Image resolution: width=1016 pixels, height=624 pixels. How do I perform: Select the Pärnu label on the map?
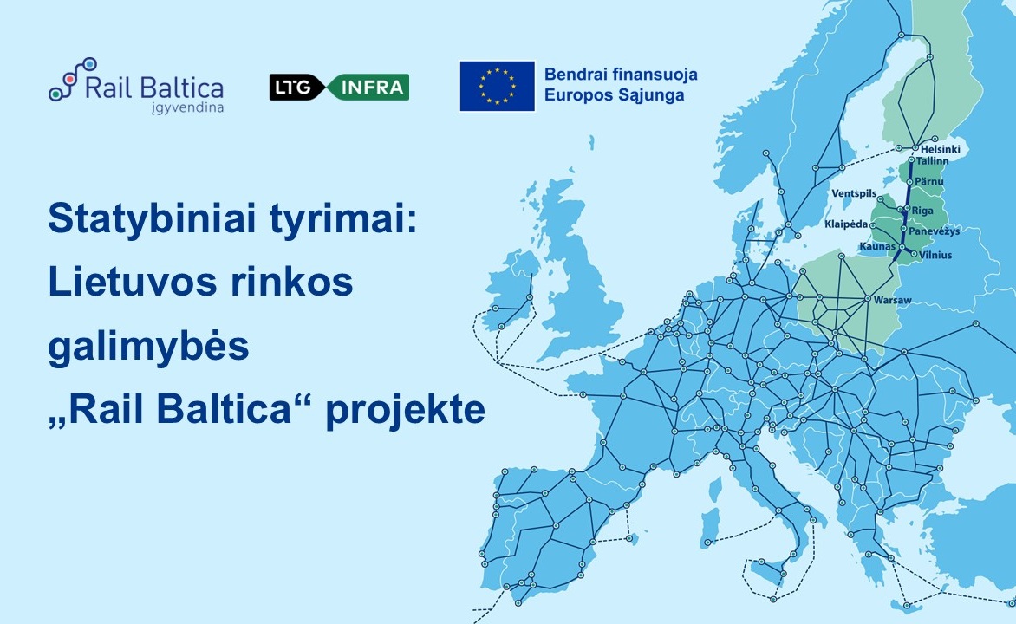point(929,180)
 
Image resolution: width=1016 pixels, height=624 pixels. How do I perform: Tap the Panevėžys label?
point(938,231)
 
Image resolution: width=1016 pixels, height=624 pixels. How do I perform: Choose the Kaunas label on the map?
point(876,247)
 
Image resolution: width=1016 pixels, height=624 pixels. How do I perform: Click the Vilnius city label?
point(935,255)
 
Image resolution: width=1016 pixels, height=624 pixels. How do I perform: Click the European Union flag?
point(497,86)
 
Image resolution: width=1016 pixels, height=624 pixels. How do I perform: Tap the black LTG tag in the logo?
point(295,87)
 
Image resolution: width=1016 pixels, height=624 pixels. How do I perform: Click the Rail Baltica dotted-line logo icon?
point(71,79)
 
